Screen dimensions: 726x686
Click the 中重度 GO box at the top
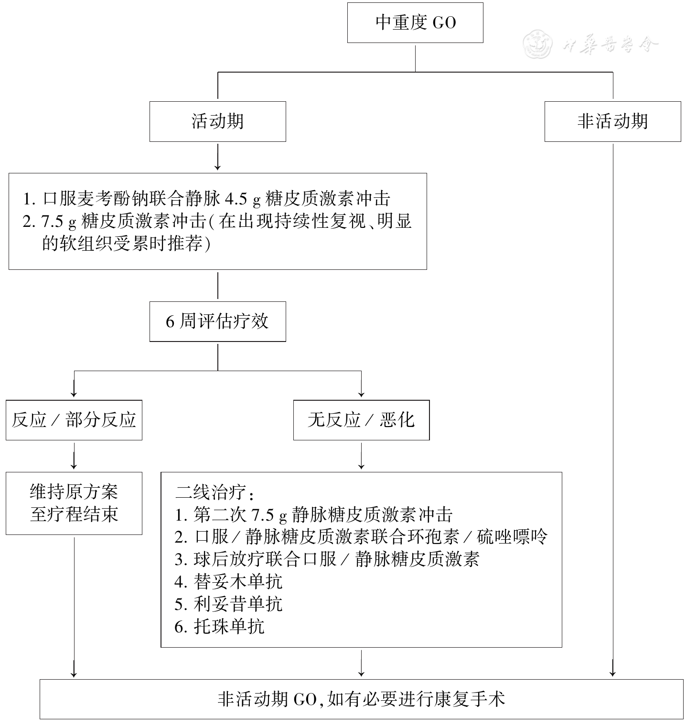pyautogui.click(x=415, y=23)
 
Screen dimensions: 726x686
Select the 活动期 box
pyautogui.click(x=217, y=121)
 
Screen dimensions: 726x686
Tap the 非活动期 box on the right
pyautogui.click(x=612, y=121)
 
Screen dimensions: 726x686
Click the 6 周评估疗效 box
pyautogui.click(x=217, y=321)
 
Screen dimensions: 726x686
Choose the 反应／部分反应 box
pyautogui.click(x=74, y=420)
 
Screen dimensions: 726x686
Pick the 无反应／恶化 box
pyautogui.click(x=361, y=420)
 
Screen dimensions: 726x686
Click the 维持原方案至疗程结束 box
pyautogui.click(x=74, y=503)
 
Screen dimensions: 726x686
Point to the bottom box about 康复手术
pyautogui.click(x=361, y=699)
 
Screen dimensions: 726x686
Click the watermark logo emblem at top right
pyautogui.click(x=538, y=45)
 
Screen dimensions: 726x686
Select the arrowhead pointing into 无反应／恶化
pyautogui.click(x=361, y=394)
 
